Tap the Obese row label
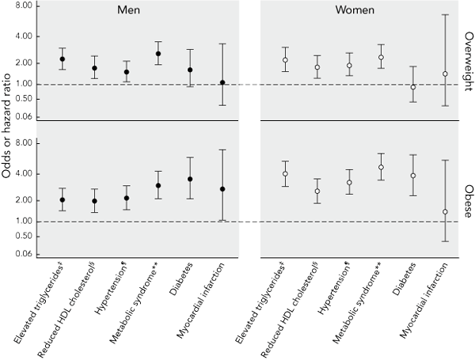pos(468,197)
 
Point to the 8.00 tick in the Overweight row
pos(24,6)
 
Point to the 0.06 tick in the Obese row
pos(24,254)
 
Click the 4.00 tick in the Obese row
pos(24,173)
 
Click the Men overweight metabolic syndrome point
pos(158,54)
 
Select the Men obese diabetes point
pos(190,180)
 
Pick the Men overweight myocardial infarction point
pos(222,82)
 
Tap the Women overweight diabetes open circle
pos(412,87)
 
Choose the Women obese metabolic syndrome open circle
pos(381,167)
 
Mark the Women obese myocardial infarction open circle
pos(445,212)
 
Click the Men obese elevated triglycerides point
pos(63,200)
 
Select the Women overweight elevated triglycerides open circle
pos(285,60)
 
